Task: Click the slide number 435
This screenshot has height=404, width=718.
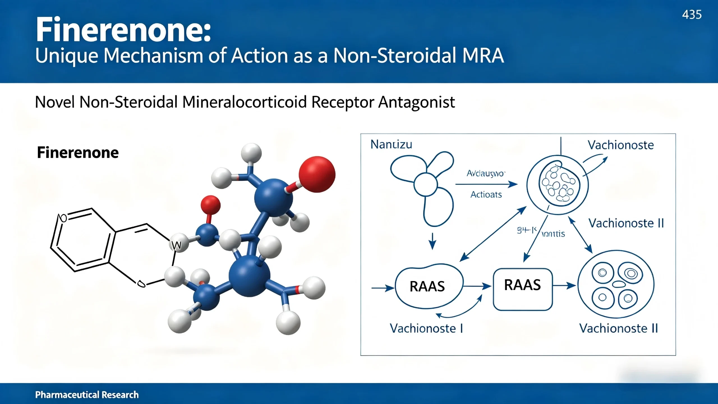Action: [692, 15]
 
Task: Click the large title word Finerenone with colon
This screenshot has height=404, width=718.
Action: [123, 30]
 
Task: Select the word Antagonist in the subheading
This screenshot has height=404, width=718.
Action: [416, 102]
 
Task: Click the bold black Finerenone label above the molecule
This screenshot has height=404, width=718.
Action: [78, 152]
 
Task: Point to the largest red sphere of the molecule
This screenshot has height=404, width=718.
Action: [317, 174]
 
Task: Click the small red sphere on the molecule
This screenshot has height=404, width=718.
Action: [210, 205]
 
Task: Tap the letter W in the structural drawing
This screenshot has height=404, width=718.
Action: [176, 246]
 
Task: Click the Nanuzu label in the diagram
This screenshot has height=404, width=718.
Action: [391, 144]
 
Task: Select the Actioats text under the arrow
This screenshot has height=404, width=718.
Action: [486, 195]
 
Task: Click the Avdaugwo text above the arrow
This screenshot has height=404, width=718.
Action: [485, 174]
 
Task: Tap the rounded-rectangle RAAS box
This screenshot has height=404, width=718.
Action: [523, 289]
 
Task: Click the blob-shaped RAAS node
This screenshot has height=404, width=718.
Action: [427, 286]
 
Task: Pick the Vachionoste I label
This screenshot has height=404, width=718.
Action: [426, 328]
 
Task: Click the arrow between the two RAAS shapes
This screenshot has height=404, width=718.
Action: [477, 286]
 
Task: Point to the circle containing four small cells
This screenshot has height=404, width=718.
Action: [616, 284]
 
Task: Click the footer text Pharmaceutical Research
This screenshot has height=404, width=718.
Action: [87, 394]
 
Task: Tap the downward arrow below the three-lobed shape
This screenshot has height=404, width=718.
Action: [432, 241]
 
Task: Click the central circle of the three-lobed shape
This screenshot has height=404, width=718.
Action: [425, 184]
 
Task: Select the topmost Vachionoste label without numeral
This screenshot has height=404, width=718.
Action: [620, 145]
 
